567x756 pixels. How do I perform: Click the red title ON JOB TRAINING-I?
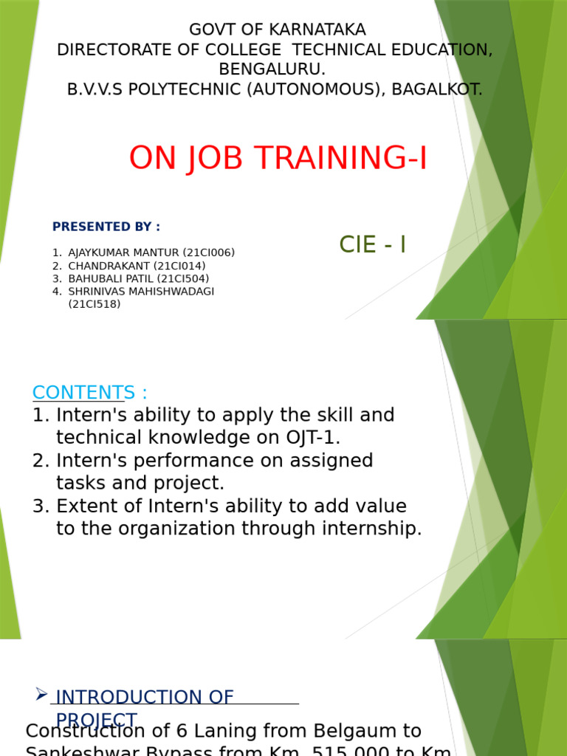click(x=278, y=159)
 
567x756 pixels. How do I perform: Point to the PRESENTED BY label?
click(x=106, y=227)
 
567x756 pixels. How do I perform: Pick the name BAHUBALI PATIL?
click(x=111, y=279)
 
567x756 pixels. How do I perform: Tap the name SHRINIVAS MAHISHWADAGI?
click(x=141, y=292)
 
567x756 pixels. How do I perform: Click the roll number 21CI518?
click(x=94, y=304)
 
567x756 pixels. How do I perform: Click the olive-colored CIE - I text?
click(x=372, y=245)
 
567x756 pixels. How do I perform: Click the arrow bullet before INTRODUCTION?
click(x=41, y=694)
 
